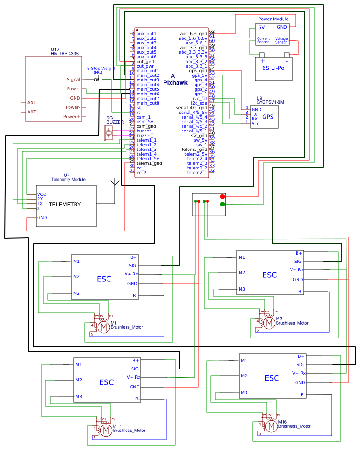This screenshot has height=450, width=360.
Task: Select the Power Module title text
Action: click(x=273, y=19)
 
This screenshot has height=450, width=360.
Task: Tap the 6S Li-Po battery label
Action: click(x=273, y=68)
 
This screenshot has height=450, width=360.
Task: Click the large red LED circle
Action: click(x=222, y=197)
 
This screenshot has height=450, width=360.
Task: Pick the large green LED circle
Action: click(x=222, y=204)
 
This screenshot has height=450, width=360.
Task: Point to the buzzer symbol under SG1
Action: click(x=109, y=133)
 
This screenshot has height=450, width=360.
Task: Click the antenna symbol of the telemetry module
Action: click(x=114, y=183)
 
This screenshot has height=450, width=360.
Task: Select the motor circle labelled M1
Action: click(x=104, y=327)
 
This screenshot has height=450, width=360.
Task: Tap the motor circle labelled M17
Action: click(x=106, y=431)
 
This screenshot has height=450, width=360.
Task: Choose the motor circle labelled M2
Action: click(x=269, y=323)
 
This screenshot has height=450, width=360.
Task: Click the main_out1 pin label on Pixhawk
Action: click(x=147, y=71)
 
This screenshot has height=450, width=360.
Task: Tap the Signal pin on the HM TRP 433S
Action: click(x=73, y=80)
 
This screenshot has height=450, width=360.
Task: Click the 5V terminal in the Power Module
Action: click(x=261, y=27)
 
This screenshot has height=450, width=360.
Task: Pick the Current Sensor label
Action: click(x=263, y=40)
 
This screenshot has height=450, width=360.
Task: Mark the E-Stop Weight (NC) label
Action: click(x=101, y=70)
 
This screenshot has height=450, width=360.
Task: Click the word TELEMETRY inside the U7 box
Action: click(x=64, y=205)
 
